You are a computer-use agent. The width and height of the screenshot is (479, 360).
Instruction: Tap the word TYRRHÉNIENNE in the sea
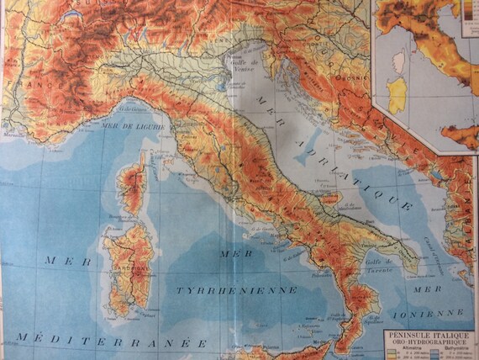pyautogui.click(x=236, y=289)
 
